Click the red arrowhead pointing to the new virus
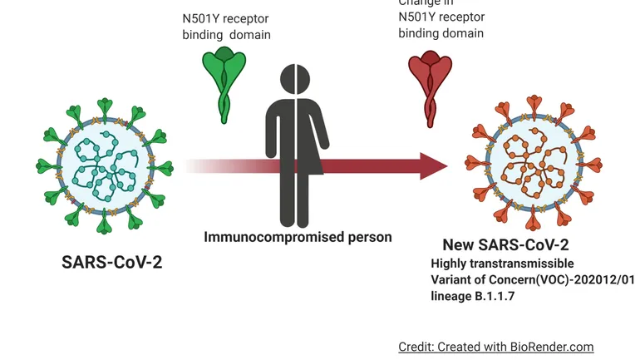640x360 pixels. pyautogui.click(x=432, y=165)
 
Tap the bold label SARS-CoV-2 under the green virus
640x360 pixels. pyautogui.click(x=111, y=262)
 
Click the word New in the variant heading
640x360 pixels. pyautogui.click(x=459, y=245)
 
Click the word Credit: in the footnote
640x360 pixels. pyautogui.click(x=416, y=346)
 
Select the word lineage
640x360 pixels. pyautogui.click(x=451, y=294)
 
